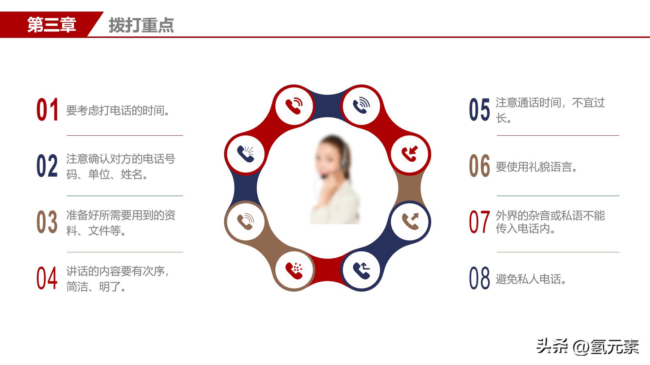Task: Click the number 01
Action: (47, 110)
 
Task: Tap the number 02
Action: (47, 166)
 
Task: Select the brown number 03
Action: (47, 222)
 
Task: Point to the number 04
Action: (47, 278)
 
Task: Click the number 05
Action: (480, 110)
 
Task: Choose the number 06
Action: (480, 166)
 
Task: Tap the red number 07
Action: (480, 222)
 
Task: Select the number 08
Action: (480, 278)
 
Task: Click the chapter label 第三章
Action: (52, 25)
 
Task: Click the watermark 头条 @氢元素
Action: (588, 347)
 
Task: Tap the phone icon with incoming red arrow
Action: (410, 154)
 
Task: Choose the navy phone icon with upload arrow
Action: (361, 270)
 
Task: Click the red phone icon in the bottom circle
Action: (294, 270)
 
